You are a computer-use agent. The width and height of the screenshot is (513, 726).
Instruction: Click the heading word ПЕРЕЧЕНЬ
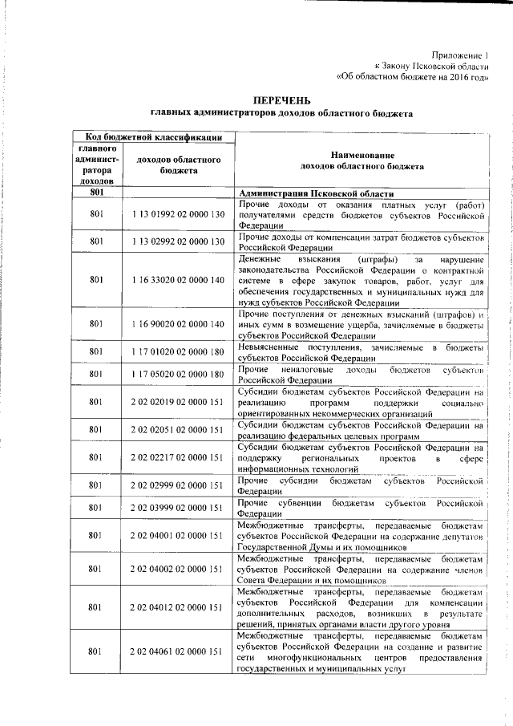[281, 101]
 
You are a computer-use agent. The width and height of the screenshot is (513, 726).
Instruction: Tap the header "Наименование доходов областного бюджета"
[362, 162]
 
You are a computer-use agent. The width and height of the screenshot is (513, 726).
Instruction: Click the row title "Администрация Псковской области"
[317, 194]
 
